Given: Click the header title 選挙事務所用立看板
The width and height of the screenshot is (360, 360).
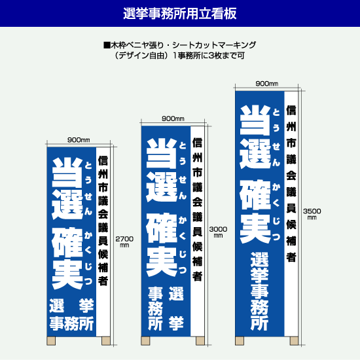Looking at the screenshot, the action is click(x=180, y=14).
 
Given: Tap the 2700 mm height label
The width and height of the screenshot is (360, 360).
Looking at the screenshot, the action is click(x=124, y=242).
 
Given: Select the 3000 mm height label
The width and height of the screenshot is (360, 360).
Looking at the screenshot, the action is click(x=218, y=232).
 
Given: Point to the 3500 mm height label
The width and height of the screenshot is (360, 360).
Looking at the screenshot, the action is click(x=312, y=214).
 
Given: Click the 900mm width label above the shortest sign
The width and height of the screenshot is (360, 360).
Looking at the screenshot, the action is click(x=79, y=140).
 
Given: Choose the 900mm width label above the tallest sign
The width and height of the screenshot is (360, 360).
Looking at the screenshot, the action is click(x=267, y=84).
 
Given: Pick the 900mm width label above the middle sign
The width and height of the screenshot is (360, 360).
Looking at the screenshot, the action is click(x=173, y=118).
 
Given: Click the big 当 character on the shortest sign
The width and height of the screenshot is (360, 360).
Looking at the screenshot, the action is click(x=67, y=172).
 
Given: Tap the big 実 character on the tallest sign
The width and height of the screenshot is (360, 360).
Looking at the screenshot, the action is click(x=255, y=228).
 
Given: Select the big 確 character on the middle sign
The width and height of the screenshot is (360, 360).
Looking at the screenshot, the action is click(x=162, y=228).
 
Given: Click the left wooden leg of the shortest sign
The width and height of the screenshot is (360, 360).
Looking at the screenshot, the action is click(x=51, y=341).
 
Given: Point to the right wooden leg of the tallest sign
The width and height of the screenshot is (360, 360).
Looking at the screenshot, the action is click(x=294, y=341).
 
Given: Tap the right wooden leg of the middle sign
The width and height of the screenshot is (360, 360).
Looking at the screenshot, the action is click(x=200, y=341).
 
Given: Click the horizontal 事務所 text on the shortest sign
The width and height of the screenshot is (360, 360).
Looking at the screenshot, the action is click(x=71, y=323).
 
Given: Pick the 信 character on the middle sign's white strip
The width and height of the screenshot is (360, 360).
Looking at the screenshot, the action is click(x=197, y=143).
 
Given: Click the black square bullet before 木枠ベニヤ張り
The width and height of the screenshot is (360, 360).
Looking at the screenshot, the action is click(x=107, y=45).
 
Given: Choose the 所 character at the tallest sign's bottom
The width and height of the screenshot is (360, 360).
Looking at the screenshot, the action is click(x=259, y=323).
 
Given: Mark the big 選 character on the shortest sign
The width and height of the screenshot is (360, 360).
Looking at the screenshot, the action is click(x=67, y=205).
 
